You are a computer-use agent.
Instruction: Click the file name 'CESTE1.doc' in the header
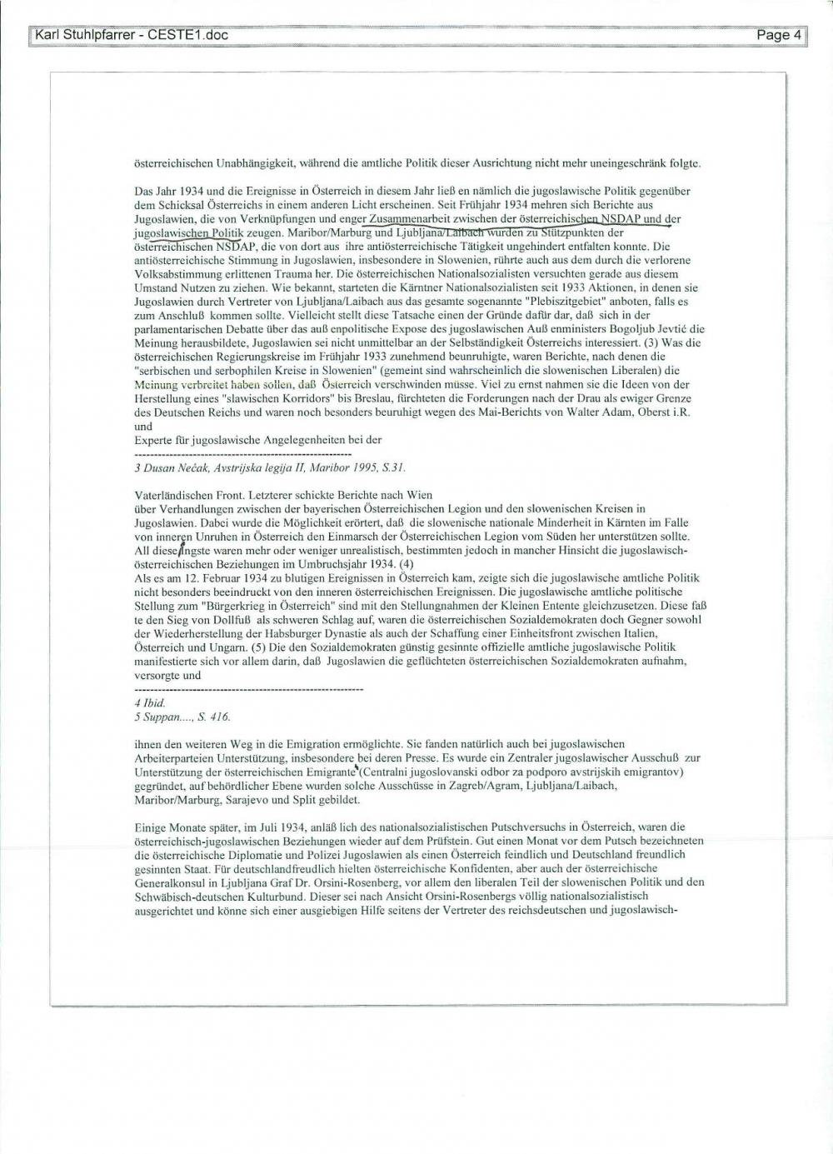tap(188, 35)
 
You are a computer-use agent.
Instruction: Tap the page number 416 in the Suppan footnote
tap(218, 717)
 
